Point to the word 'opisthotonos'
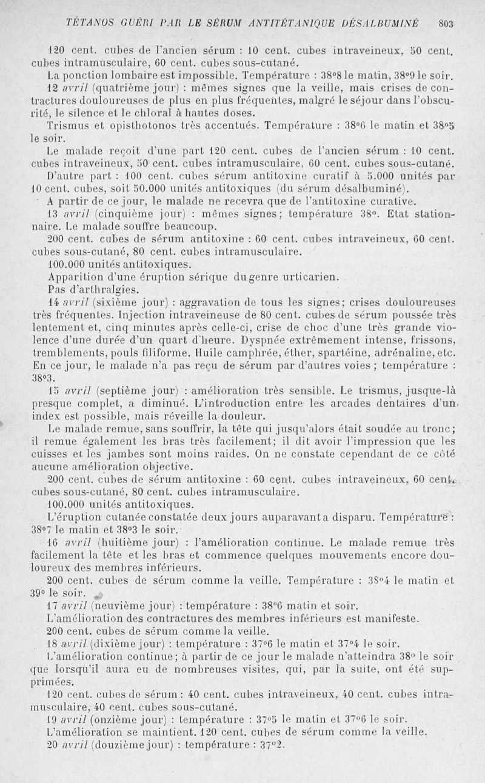click(x=134, y=125)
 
